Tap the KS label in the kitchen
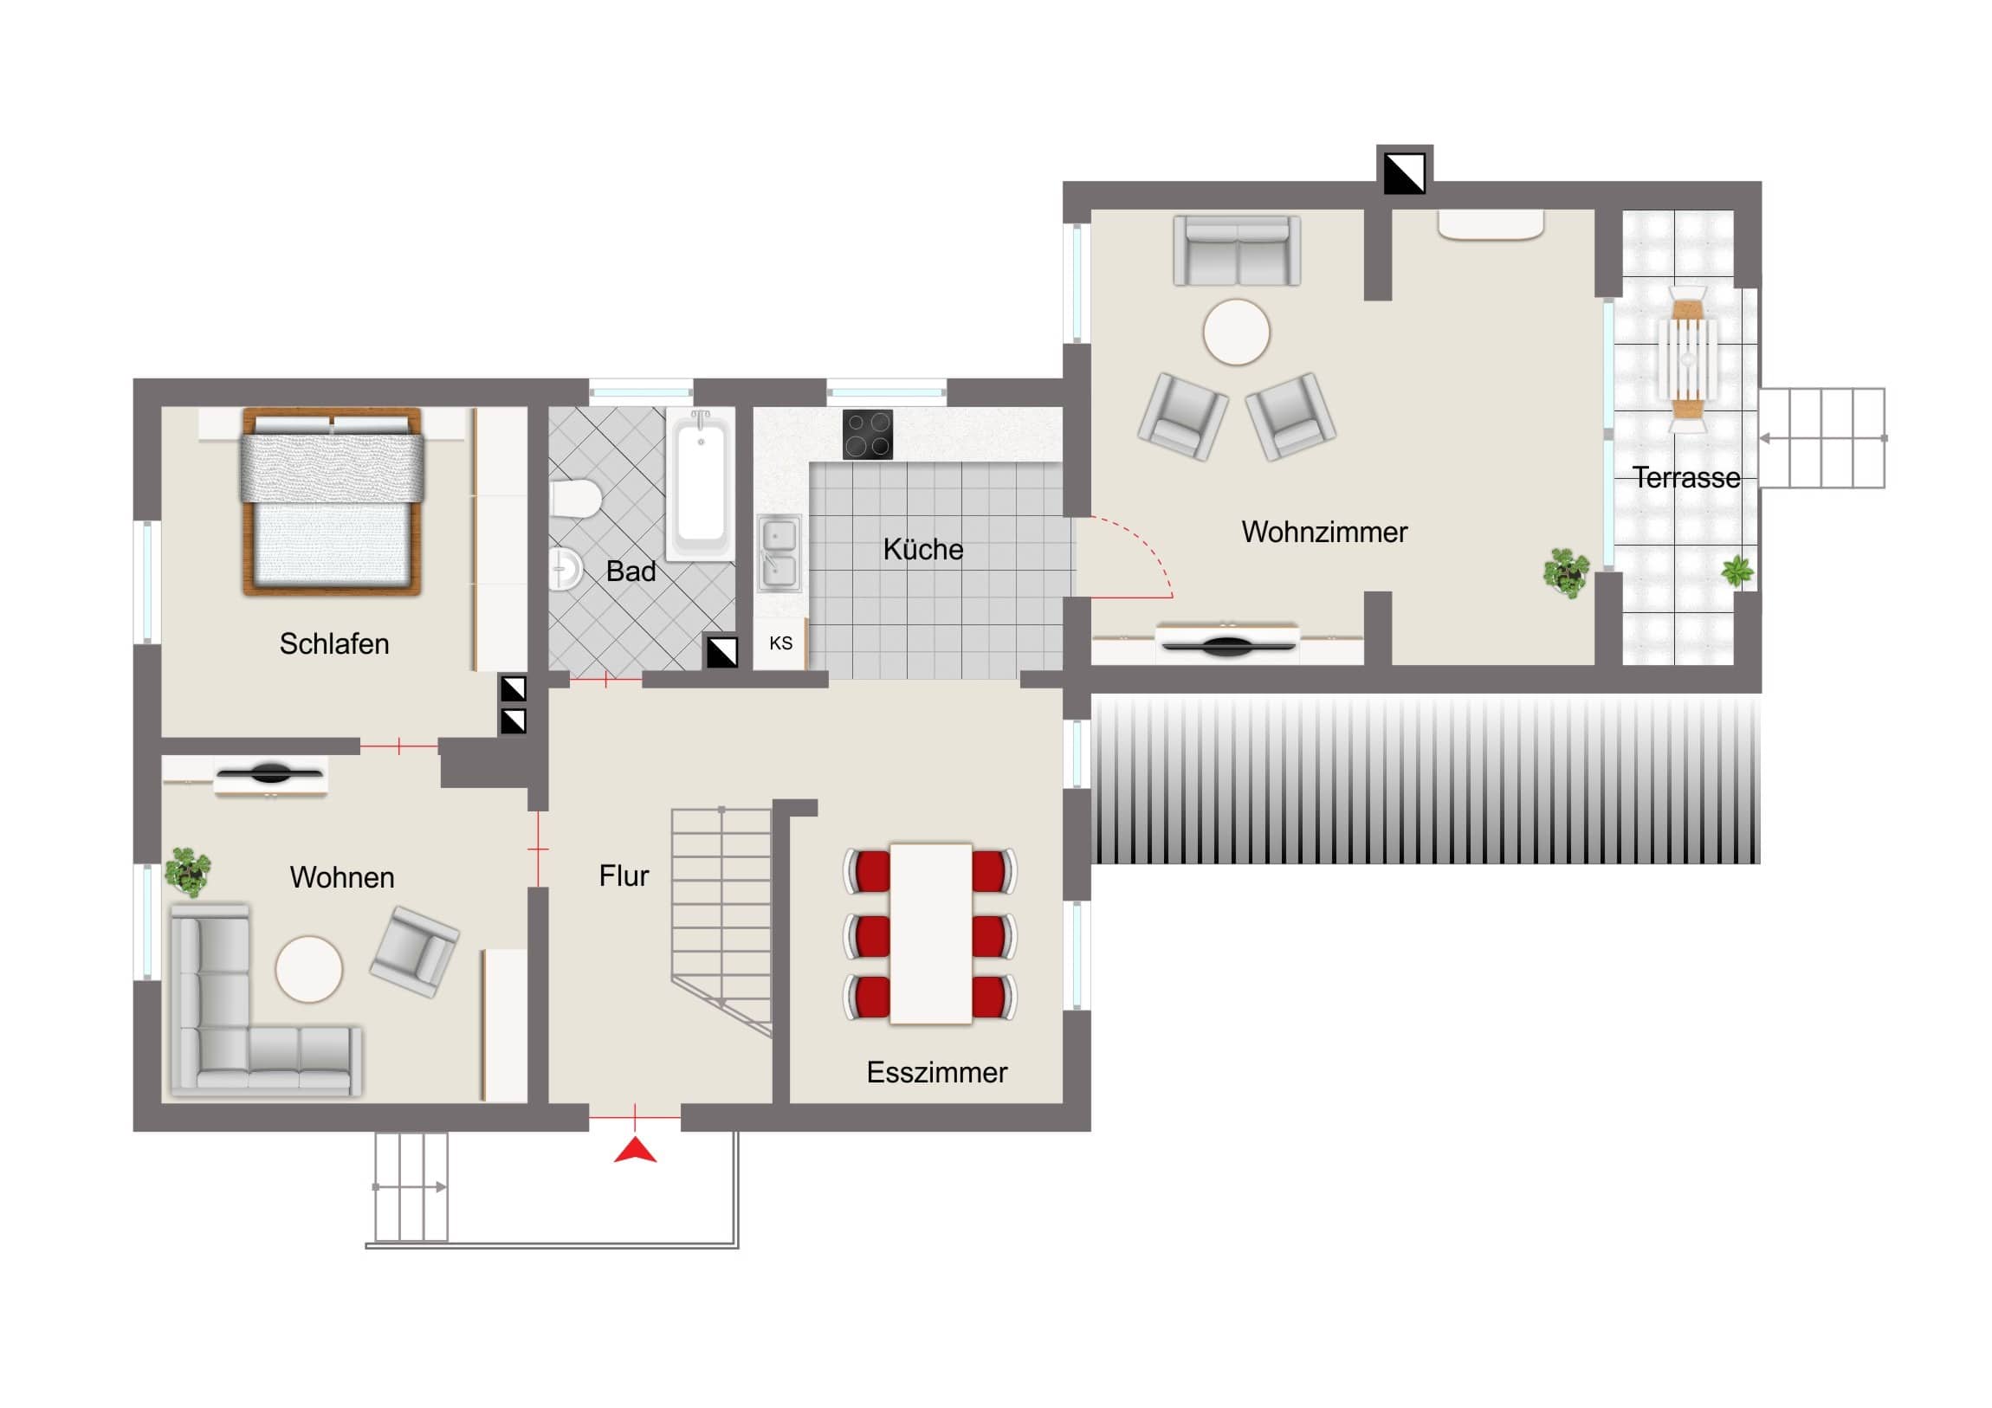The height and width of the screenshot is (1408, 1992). click(x=781, y=643)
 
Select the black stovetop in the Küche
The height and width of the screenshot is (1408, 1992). click(x=868, y=434)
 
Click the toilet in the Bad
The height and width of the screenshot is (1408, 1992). click(x=575, y=499)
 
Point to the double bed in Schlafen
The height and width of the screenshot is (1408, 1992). click(x=333, y=501)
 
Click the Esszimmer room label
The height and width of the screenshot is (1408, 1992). click(x=937, y=1072)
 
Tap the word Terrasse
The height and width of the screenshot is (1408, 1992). click(x=1685, y=477)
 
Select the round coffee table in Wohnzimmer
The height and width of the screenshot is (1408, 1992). click(x=1236, y=333)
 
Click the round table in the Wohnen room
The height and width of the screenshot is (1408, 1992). click(x=309, y=969)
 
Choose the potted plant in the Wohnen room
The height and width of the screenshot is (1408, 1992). click(x=187, y=871)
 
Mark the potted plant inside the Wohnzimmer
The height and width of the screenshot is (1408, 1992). click(x=1566, y=572)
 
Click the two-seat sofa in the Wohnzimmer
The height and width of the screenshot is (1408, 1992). click(x=1237, y=251)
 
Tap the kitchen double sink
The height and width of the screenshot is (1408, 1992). click(x=780, y=552)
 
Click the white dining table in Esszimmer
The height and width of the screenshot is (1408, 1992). click(x=931, y=933)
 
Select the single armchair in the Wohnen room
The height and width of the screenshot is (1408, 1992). click(x=414, y=952)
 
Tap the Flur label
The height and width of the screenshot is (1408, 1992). click(x=624, y=875)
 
